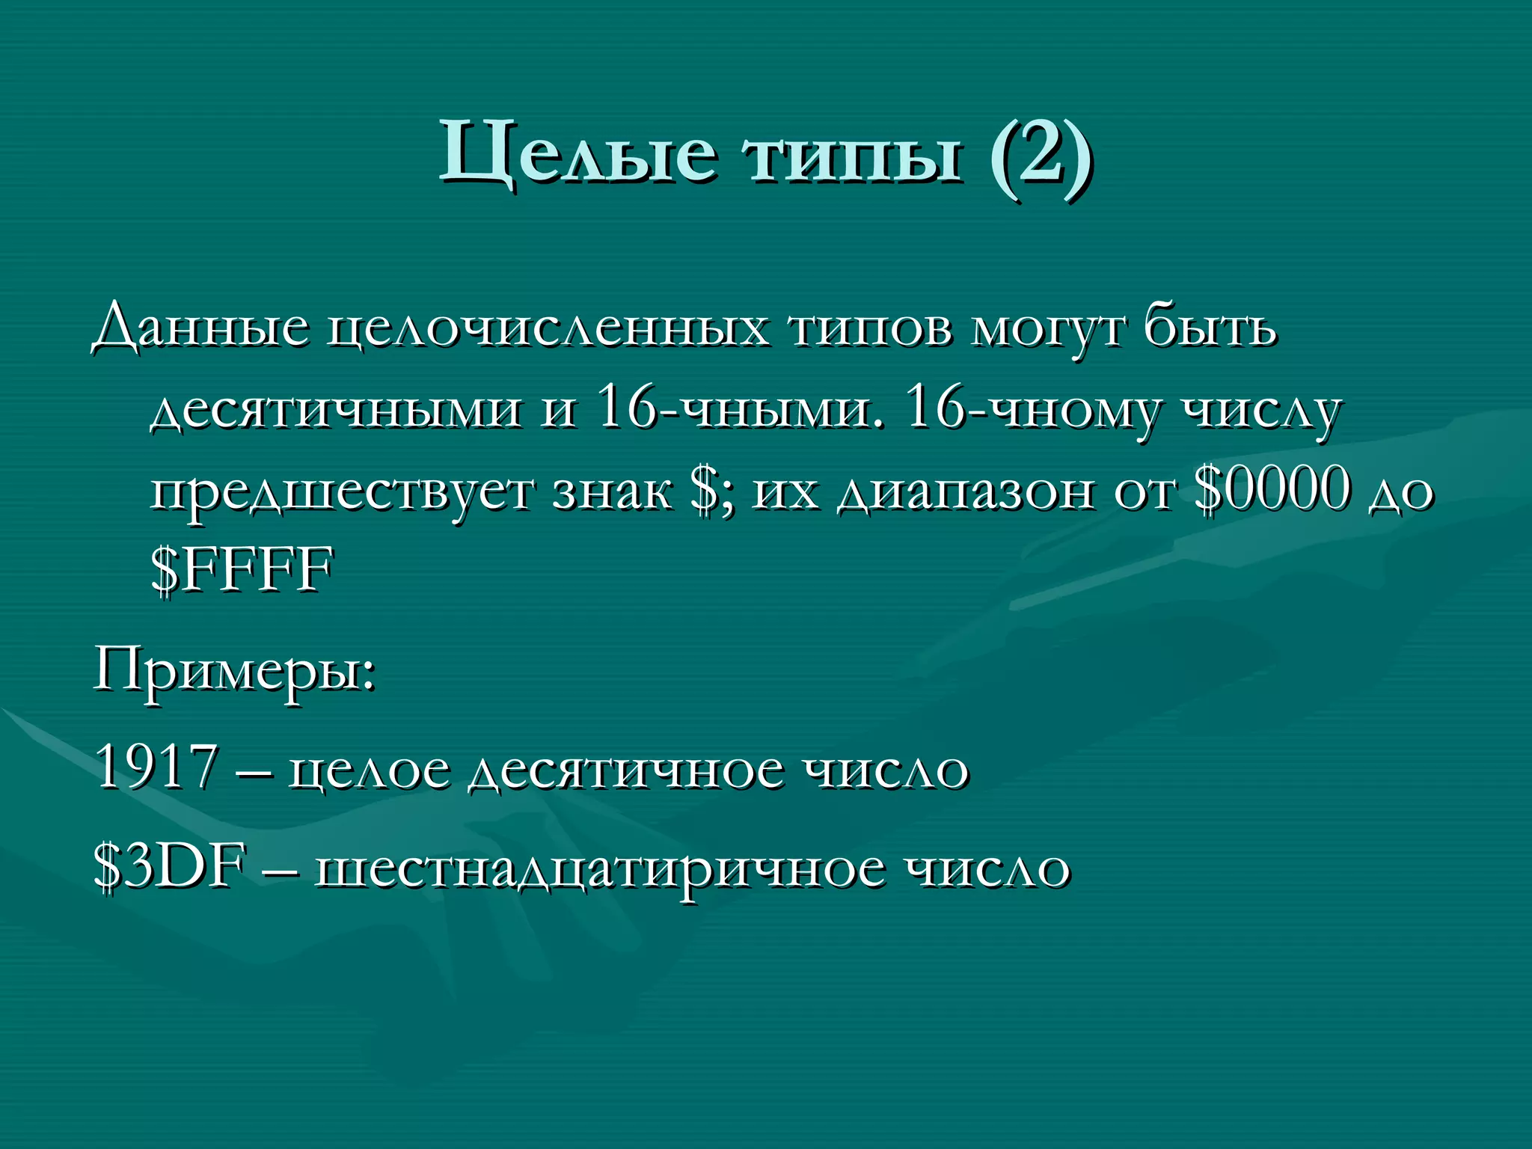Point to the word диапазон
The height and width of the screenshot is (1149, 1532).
coord(965,494)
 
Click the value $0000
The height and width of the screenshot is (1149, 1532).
coord(1272,490)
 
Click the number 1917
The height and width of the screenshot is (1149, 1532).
coord(157,766)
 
